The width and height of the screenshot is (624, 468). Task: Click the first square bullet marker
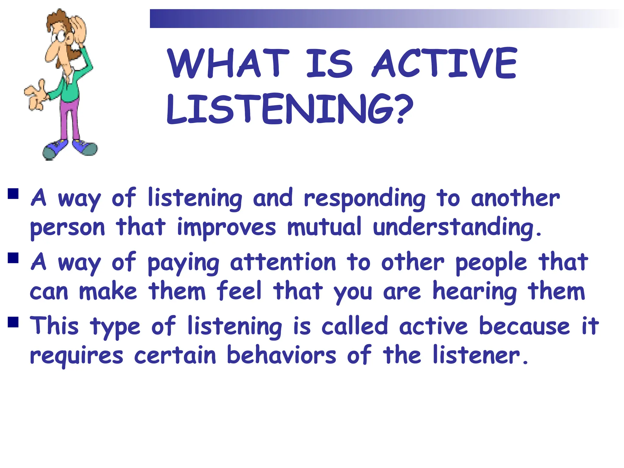(13, 194)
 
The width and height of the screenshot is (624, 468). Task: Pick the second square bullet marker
(13, 258)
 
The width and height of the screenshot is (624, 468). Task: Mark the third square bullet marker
(13, 322)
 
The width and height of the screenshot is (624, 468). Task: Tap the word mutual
(324, 227)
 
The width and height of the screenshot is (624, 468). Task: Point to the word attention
(283, 262)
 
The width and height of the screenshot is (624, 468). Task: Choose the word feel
(239, 291)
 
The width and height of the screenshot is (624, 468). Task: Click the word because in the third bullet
(524, 326)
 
